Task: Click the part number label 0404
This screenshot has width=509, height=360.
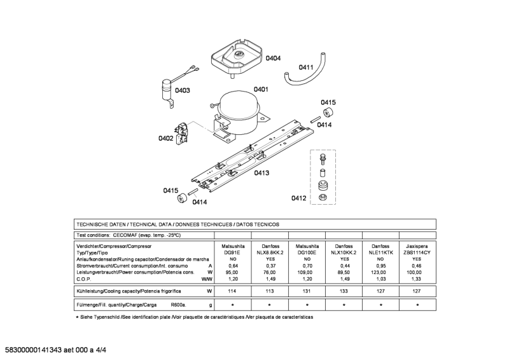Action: coord(273,59)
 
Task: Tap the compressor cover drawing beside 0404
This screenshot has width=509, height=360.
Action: coord(236,55)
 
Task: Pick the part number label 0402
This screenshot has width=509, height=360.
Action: coord(166,137)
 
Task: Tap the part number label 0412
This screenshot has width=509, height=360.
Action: coord(299,198)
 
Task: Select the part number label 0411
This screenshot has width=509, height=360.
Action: coord(307,67)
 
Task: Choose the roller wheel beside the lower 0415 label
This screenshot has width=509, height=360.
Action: coord(181,196)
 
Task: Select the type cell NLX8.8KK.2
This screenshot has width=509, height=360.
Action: coord(270,253)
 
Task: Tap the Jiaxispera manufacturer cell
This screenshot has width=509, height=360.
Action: coord(417,245)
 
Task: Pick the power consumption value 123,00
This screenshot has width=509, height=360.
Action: coord(380,272)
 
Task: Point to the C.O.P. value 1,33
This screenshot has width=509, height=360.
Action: coord(417,279)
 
